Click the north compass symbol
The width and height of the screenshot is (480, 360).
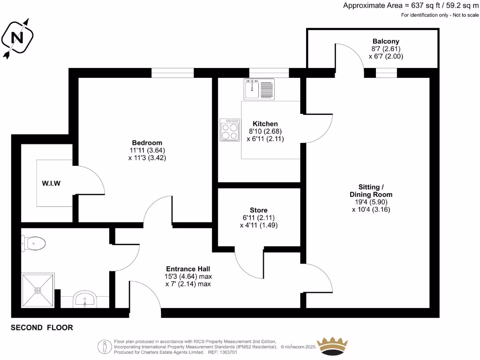pyautogui.click(x=18, y=37)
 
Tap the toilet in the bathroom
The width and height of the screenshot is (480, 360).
pyautogui.click(x=33, y=243)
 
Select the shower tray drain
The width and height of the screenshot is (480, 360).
pyautogui.click(x=38, y=290)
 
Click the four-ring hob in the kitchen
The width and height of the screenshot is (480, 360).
pyautogui.click(x=230, y=130)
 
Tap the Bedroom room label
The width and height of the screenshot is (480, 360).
pyautogui.click(x=147, y=142)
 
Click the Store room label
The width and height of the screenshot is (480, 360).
pyautogui.click(x=259, y=210)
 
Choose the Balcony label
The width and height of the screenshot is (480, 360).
pyautogui.click(x=386, y=41)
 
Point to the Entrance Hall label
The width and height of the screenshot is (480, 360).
pyautogui.click(x=187, y=269)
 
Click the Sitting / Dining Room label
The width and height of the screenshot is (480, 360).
pyautogui.click(x=371, y=190)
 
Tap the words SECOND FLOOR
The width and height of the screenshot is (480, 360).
pyautogui.click(x=42, y=328)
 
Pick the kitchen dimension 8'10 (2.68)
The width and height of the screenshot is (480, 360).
pyautogui.click(x=265, y=131)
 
